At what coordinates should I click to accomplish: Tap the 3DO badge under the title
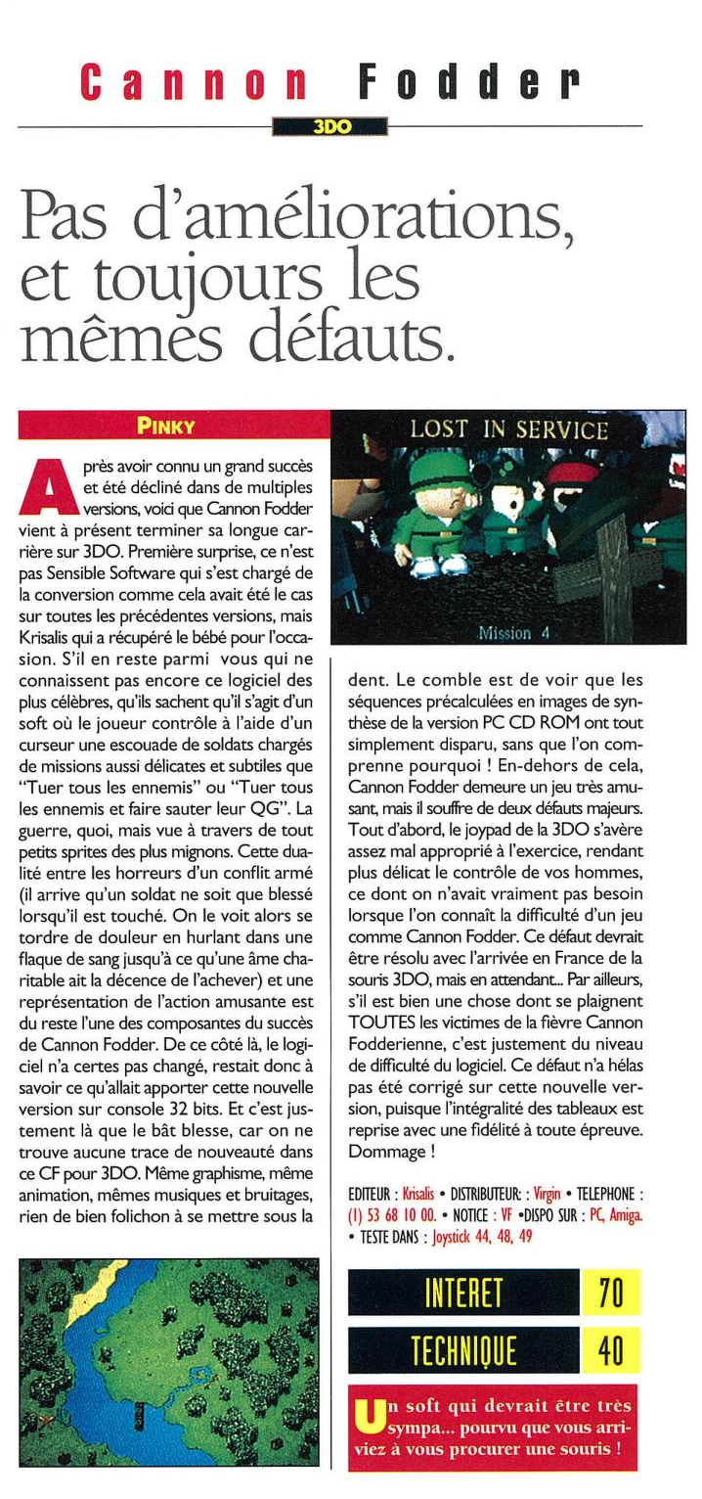point(331,126)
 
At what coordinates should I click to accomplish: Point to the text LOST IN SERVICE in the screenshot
point(508,430)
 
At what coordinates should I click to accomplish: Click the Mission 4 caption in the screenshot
point(512,633)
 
